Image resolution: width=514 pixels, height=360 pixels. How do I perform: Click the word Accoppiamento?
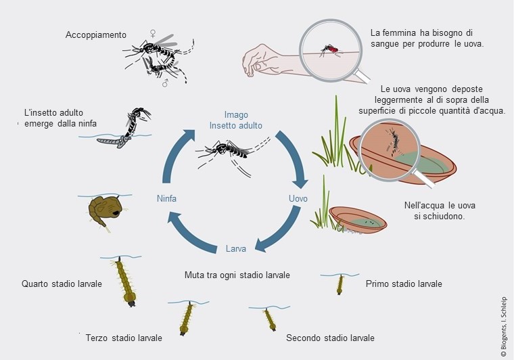tap(96, 35)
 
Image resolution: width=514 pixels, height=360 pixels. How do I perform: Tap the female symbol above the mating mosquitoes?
tap(152, 33)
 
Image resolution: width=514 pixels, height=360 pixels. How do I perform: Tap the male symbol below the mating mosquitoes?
tap(165, 83)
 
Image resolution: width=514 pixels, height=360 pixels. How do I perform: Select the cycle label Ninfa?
tap(166, 198)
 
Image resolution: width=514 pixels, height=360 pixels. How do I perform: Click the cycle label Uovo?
tap(298, 198)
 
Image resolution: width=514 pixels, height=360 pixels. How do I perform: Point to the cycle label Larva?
tap(235, 248)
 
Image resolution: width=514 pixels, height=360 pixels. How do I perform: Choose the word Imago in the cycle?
tap(236, 115)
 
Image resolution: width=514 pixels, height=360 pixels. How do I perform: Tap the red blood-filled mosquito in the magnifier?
tap(331, 49)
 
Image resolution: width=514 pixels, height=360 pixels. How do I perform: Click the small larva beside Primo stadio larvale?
tap(340, 285)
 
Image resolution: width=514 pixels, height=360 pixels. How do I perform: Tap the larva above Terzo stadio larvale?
tap(187, 319)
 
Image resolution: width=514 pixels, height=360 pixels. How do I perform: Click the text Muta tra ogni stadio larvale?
tap(237, 275)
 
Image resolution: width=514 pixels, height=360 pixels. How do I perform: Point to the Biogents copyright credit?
tap(503, 327)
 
